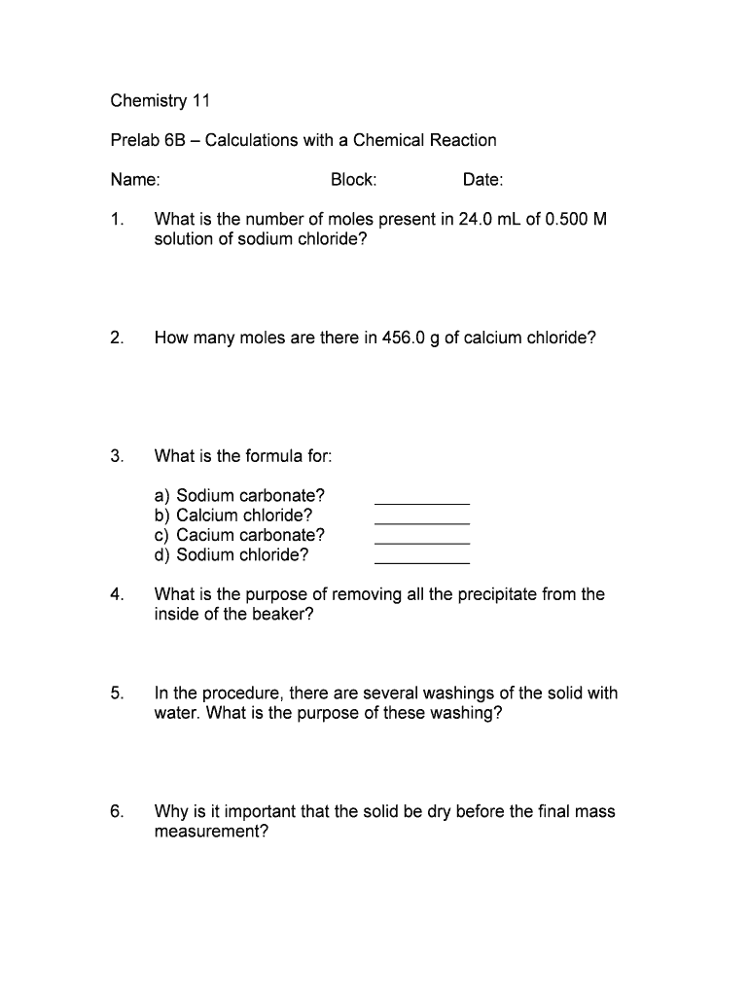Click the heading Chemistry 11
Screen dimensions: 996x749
point(160,100)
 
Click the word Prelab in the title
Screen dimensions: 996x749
point(134,140)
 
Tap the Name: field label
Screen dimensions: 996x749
point(135,180)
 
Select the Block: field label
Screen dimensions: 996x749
point(353,180)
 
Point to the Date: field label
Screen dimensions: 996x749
point(482,180)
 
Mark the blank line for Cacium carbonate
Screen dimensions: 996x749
point(422,543)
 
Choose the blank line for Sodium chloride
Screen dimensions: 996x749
point(422,563)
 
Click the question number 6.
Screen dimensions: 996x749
point(117,811)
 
